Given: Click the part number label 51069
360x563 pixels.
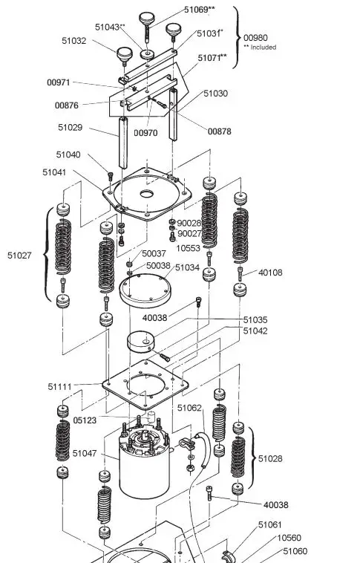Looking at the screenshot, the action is pos(197,10).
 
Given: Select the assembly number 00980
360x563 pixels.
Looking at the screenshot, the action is pos(255,38).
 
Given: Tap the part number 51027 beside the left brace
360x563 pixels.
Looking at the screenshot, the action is pos(19,256).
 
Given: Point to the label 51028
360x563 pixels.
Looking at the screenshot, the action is pos(270,458).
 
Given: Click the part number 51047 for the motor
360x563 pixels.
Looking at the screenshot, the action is pos(85,453).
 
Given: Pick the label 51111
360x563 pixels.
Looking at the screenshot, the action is pos(60,387).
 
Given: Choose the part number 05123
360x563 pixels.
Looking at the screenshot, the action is pos(85,420).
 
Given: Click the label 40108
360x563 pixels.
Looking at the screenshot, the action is pos(270,273).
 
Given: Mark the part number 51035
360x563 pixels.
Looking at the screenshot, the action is pos(255,319).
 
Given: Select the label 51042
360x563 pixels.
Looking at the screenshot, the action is pos(255,331).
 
